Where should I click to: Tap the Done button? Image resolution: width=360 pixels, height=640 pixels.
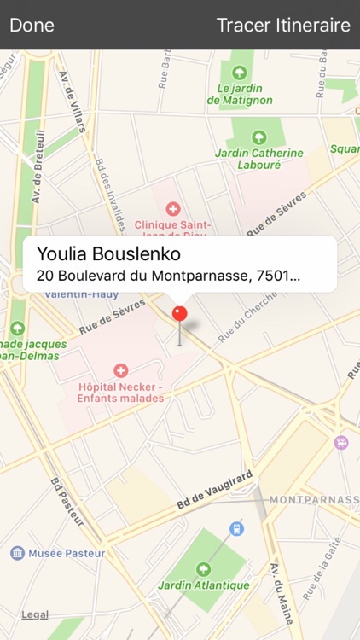32,25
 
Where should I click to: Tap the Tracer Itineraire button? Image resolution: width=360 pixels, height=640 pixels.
283,25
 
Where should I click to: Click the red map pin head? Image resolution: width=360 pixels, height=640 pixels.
179,313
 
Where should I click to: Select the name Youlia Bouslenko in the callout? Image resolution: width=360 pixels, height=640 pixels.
108,255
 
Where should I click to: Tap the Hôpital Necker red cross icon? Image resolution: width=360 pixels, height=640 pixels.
120,370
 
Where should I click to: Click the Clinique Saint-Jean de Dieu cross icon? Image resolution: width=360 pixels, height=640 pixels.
173,208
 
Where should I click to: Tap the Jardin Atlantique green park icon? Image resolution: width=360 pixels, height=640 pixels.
203,568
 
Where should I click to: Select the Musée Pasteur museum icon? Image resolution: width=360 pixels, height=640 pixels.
17,553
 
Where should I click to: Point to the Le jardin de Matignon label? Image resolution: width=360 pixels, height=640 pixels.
240,94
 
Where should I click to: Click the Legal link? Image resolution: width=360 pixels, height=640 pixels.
35,614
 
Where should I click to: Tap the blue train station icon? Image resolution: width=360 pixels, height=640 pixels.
237,528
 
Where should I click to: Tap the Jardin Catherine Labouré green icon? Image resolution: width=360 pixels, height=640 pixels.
258,137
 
